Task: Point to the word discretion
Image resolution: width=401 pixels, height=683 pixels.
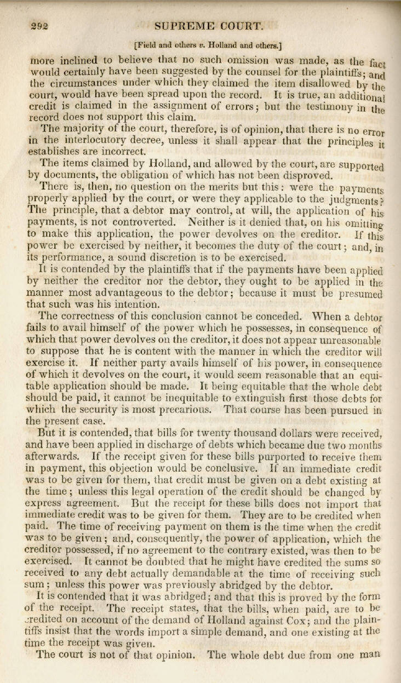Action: (182, 257)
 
